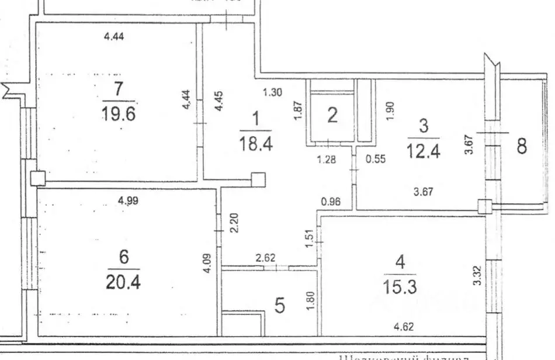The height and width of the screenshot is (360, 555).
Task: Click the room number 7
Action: (x=119, y=91)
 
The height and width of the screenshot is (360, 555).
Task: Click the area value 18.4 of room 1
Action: (x=255, y=143)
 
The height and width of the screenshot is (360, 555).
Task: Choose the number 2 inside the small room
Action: (x=332, y=115)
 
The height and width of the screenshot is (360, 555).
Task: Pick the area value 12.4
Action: (x=424, y=150)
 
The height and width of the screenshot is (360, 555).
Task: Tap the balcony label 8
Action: (x=521, y=146)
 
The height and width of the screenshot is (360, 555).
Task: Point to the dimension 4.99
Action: (x=129, y=201)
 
